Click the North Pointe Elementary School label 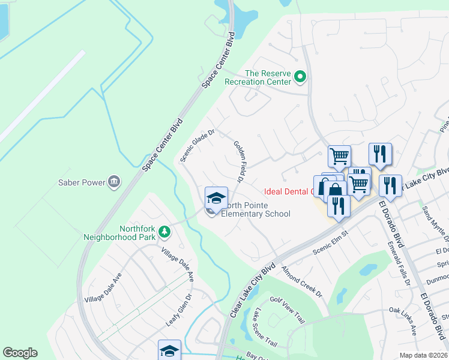tap(256, 209)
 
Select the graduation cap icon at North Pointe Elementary tap(216, 197)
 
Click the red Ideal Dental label tap(287, 192)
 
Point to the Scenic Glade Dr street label tap(196, 146)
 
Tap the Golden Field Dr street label tap(238, 162)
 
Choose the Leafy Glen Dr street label tap(179, 310)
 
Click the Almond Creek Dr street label tap(302, 281)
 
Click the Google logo tap(20, 353)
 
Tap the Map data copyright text tap(423, 355)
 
